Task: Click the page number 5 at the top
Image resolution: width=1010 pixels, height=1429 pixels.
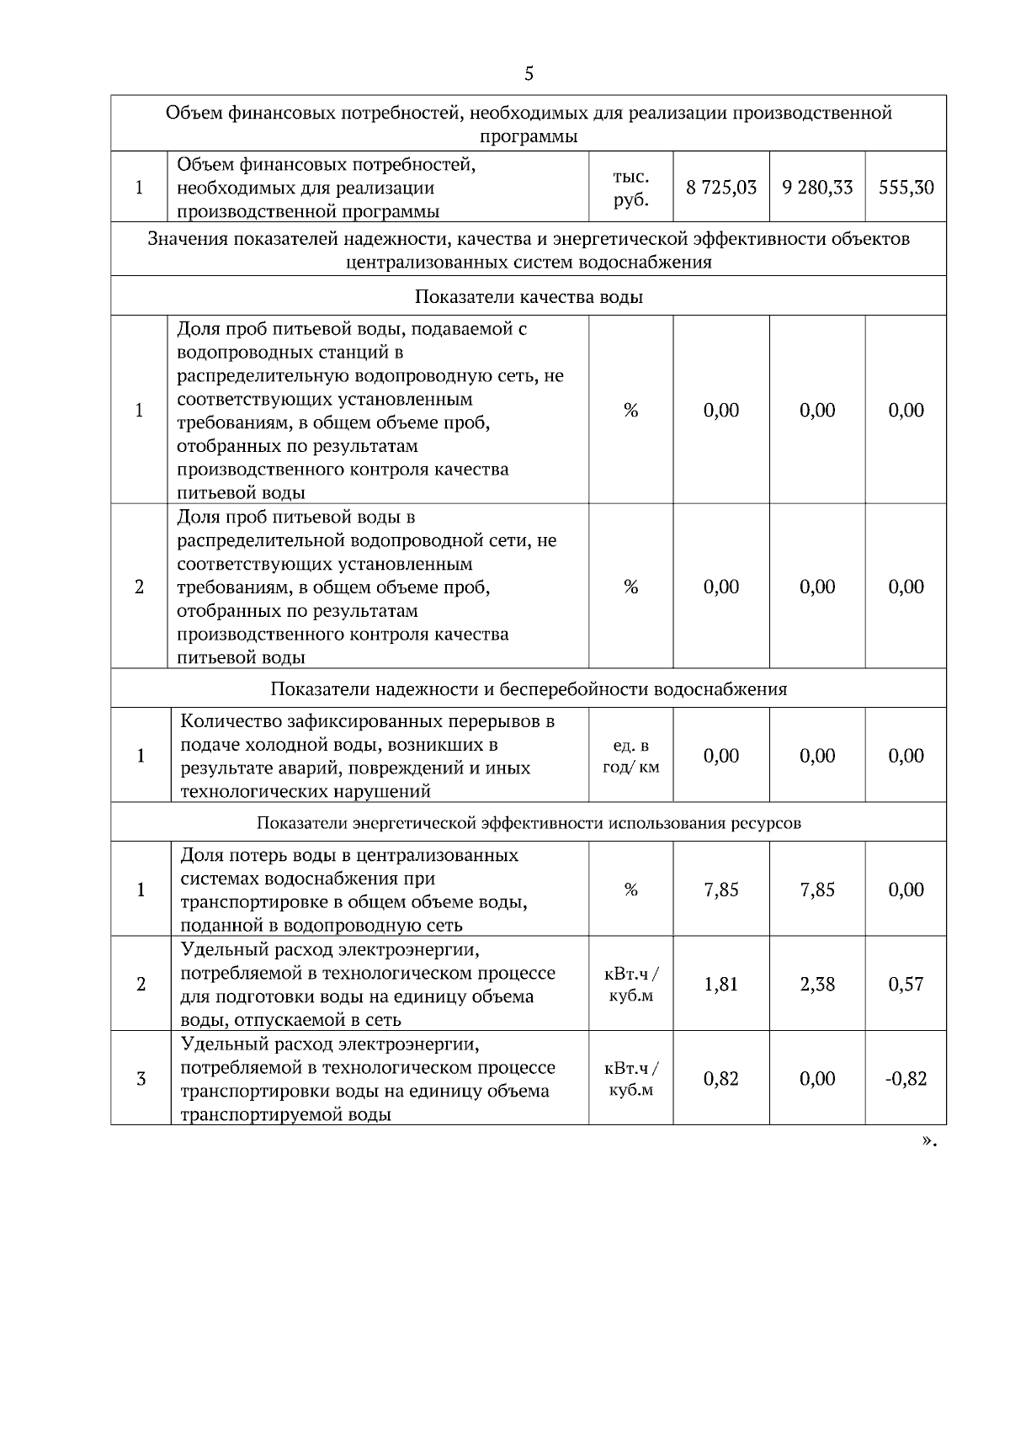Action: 529,74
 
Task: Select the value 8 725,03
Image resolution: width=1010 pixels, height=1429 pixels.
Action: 721,188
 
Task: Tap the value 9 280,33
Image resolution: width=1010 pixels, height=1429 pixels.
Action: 817,188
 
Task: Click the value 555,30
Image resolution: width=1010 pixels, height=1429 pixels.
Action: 906,188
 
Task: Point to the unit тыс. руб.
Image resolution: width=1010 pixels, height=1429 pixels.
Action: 630,189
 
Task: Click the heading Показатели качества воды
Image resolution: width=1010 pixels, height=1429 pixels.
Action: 529,297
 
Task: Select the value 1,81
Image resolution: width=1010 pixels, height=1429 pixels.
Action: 721,984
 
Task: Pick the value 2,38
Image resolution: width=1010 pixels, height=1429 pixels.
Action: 817,984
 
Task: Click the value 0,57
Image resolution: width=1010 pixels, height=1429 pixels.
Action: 906,984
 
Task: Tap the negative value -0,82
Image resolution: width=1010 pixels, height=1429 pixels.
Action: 906,1079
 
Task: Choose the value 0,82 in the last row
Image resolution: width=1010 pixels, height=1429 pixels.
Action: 721,1079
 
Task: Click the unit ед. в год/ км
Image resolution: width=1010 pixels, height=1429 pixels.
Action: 631,757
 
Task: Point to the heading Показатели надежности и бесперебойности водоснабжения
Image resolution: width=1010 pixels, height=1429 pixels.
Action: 529,689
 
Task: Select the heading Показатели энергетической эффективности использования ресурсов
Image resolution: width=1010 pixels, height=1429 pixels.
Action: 529,823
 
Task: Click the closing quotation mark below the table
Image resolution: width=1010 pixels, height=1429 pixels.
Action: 928,1141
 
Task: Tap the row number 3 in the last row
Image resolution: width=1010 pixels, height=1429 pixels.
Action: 141,1079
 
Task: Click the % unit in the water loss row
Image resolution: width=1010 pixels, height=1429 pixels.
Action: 631,890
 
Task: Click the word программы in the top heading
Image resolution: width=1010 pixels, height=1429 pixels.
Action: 529,136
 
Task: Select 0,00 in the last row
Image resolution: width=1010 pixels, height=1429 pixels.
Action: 817,1079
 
